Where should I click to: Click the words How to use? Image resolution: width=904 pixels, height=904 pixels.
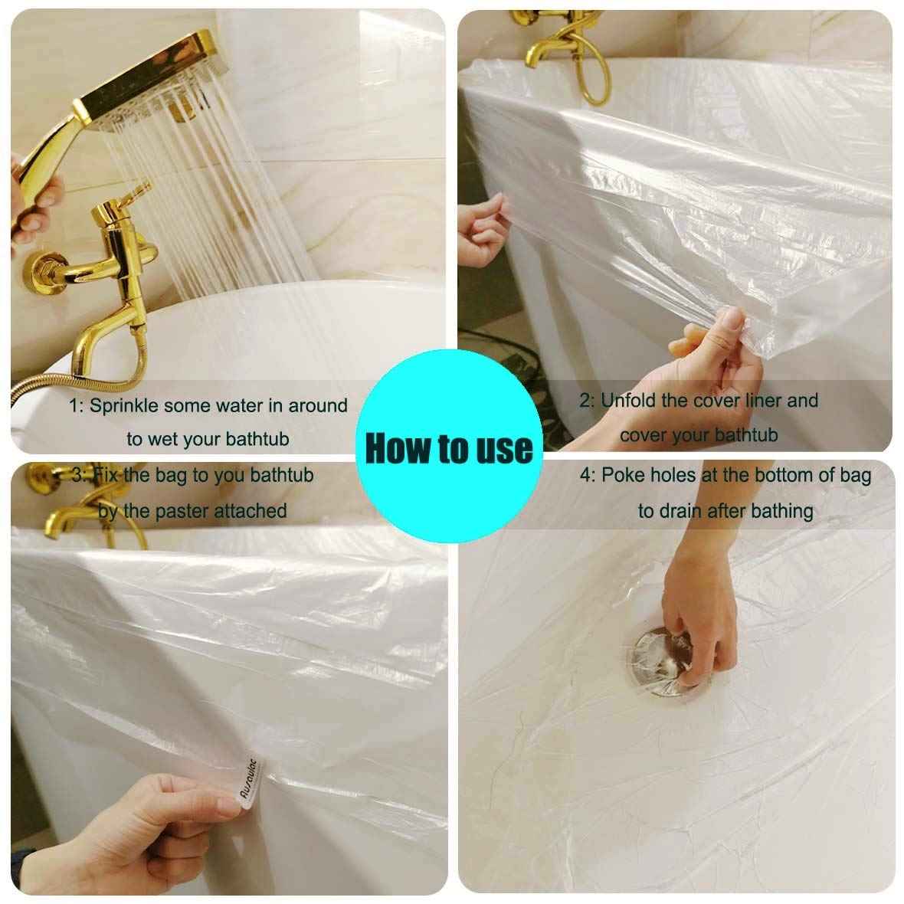pos(449,447)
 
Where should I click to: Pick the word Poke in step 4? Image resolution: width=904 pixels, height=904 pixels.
pos(623,475)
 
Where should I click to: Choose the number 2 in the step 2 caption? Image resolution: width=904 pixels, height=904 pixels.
pos(585,401)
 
